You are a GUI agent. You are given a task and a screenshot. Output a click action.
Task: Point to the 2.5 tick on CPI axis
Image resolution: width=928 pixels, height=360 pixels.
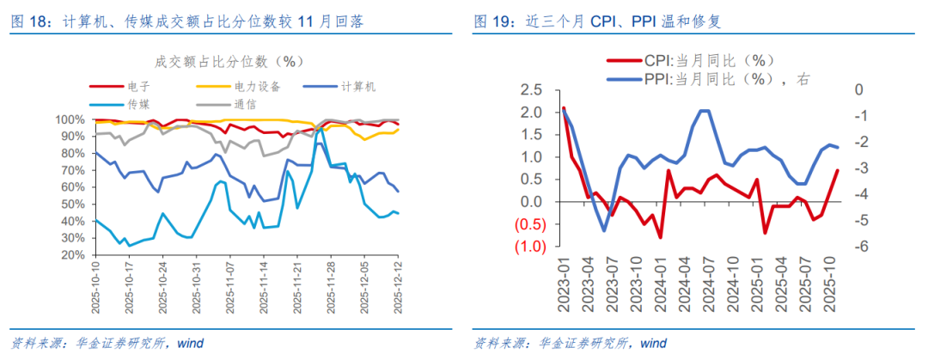click(x=533, y=90)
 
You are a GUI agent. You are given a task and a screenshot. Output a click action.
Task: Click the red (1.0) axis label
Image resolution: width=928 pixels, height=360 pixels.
click(x=528, y=247)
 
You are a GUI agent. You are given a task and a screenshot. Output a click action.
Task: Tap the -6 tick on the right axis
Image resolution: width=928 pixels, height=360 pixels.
click(x=858, y=247)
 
